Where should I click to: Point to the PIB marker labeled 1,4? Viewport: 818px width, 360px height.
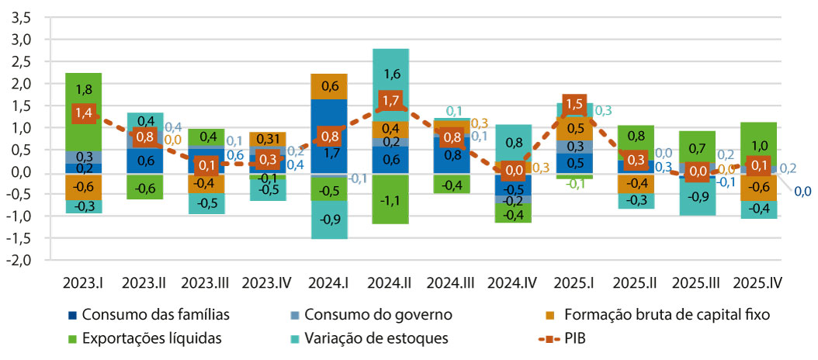(x=84, y=112)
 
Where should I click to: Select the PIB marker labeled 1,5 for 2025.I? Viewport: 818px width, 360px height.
(x=574, y=104)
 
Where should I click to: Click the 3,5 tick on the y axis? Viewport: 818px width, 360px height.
(x=21, y=17)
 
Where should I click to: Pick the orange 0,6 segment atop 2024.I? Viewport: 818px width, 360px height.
(x=329, y=86)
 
